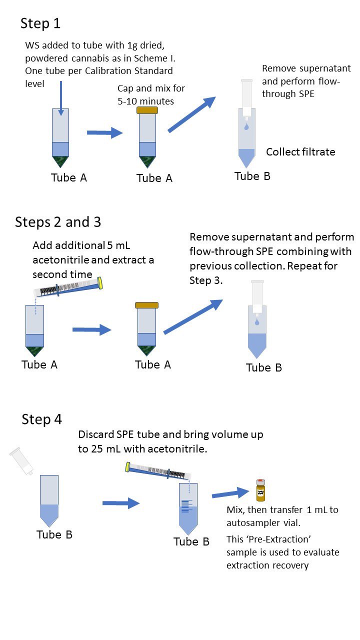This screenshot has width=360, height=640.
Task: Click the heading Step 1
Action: [40, 23]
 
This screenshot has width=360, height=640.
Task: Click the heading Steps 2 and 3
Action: [58, 222]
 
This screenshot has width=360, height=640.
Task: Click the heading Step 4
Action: [41, 419]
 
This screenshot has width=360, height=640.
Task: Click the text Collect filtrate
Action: [300, 152]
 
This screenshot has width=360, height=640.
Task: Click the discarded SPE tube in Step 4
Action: [21, 461]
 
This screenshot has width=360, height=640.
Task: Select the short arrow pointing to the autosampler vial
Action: [230, 494]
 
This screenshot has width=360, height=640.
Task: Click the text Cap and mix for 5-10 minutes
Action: [151, 94]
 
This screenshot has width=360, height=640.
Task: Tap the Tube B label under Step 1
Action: [252, 176]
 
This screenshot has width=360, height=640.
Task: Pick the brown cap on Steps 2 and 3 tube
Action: [147, 305]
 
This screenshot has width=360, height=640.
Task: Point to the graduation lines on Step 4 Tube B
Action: [186, 505]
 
